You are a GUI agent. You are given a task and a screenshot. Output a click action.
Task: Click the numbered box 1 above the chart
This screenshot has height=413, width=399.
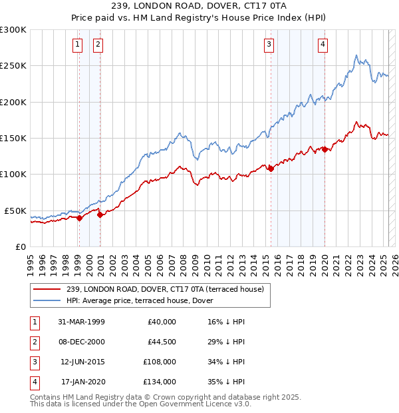[x=78, y=45]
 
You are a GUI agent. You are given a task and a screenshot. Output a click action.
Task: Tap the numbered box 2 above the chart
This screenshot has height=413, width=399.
[x=98, y=45]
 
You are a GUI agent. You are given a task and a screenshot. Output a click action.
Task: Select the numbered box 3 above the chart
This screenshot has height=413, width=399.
[x=269, y=45]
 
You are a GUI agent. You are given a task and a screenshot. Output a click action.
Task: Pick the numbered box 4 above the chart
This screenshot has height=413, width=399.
[x=323, y=45]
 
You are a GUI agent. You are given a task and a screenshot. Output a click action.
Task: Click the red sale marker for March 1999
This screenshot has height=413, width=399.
[x=79, y=217]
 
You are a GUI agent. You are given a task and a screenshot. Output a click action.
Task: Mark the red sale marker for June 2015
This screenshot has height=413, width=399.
[x=271, y=169]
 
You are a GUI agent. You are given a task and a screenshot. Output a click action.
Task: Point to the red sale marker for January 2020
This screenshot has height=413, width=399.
[x=325, y=149]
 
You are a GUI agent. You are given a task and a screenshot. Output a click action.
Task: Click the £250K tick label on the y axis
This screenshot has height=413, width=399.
[x=13, y=66]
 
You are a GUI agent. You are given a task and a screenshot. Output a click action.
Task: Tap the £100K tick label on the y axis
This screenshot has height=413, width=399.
[x=13, y=174]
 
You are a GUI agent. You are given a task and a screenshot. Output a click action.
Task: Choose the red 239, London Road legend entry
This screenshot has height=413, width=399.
[x=165, y=289]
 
